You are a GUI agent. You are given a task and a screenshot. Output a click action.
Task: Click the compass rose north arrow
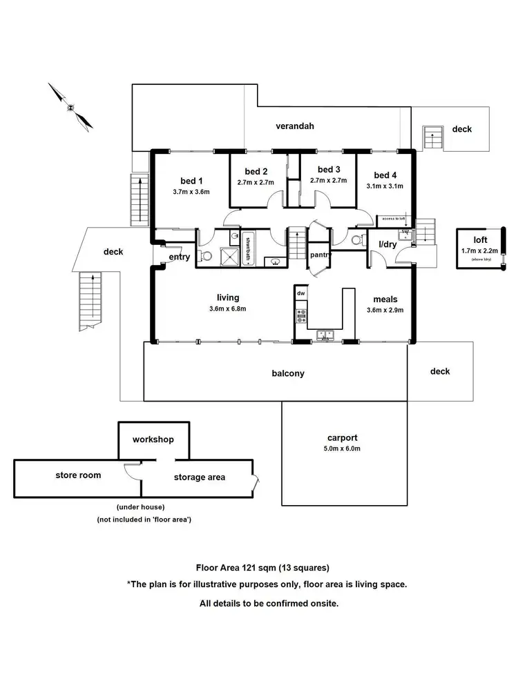coord(70,107)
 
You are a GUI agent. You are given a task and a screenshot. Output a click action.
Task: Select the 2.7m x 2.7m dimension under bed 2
coord(255,183)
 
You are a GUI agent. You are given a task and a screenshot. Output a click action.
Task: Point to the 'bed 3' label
coord(329,170)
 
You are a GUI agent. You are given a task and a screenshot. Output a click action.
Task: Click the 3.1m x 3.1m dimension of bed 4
coord(385,186)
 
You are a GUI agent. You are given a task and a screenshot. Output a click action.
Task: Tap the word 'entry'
coord(179,257)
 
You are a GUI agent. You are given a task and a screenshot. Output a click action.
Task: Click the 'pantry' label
coord(321,255)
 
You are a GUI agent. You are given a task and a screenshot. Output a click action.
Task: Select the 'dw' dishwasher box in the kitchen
coord(300,294)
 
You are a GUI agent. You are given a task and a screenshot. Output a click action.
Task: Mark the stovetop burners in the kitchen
coord(301,316)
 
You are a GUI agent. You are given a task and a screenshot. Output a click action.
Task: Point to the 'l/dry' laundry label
coord(387,244)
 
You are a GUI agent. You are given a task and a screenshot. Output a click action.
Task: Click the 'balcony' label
coord(288,373)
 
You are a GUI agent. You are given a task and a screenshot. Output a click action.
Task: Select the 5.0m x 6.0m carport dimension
coord(343,448)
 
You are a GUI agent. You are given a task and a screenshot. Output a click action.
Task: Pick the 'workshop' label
coord(153,440)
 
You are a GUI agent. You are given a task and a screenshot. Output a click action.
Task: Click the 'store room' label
coord(78,475)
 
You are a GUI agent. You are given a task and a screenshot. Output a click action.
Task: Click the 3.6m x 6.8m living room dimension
coord(229,308)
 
